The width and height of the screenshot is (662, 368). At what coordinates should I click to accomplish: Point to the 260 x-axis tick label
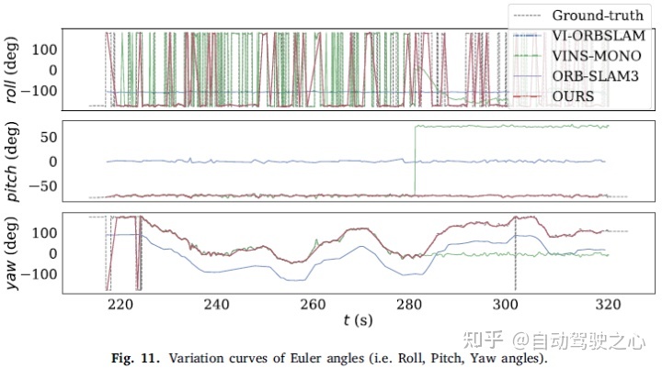[x=314, y=304]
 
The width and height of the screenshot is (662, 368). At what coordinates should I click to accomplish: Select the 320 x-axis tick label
[x=606, y=304]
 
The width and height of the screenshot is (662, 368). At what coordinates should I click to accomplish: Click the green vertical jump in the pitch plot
[x=415, y=161]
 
